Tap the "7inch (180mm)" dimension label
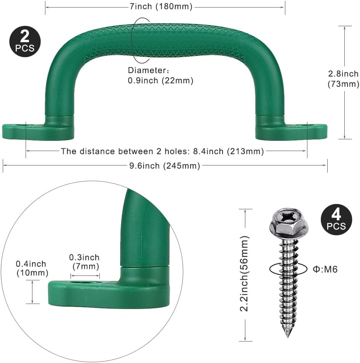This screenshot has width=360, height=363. point(165,7)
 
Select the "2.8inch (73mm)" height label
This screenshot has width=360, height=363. point(343,79)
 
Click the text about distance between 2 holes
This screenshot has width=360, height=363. point(162,151)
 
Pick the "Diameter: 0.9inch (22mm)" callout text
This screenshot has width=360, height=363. point(160,75)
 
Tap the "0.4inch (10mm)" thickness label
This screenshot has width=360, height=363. point(32,268)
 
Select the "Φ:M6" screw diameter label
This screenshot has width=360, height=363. point(325,269)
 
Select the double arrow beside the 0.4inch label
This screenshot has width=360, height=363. point(33,291)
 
